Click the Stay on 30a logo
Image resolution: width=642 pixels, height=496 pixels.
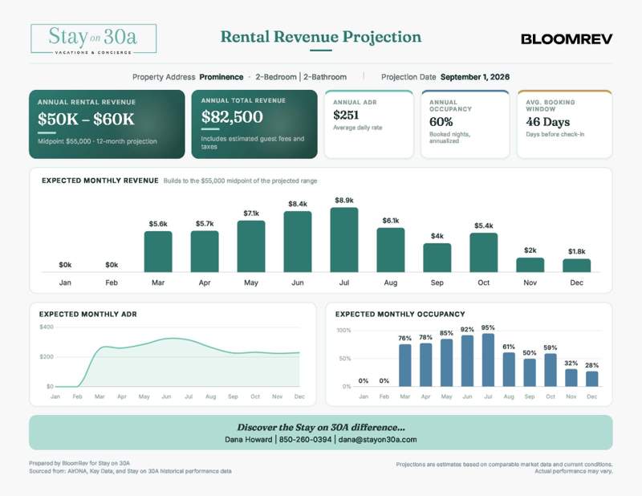(93, 39)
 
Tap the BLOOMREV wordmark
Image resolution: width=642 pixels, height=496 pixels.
(567, 39)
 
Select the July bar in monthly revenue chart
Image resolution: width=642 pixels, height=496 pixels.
(344, 240)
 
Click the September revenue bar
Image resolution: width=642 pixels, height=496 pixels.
(437, 258)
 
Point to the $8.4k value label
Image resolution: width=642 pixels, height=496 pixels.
(298, 204)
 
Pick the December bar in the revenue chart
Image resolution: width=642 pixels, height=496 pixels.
(576, 266)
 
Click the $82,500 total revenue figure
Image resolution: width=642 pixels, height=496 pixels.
(232, 117)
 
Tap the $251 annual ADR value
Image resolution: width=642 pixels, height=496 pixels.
(346, 115)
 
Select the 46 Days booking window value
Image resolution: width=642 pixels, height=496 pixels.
(548, 122)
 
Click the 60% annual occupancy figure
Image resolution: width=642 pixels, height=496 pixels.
(441, 122)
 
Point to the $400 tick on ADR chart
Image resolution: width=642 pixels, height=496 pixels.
(47, 327)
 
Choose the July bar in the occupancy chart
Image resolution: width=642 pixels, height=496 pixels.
(488, 360)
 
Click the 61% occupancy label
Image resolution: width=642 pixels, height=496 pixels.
(509, 347)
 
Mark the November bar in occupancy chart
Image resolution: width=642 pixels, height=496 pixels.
(571, 378)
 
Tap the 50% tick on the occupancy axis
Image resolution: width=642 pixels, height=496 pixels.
(345, 359)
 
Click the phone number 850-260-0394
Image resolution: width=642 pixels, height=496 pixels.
(305, 440)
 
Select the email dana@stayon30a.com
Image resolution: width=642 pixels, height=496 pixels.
(377, 440)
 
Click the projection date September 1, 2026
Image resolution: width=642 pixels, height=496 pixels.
(475, 77)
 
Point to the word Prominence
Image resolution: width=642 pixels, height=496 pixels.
(221, 77)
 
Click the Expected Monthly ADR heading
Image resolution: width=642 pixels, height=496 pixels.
(88, 314)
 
